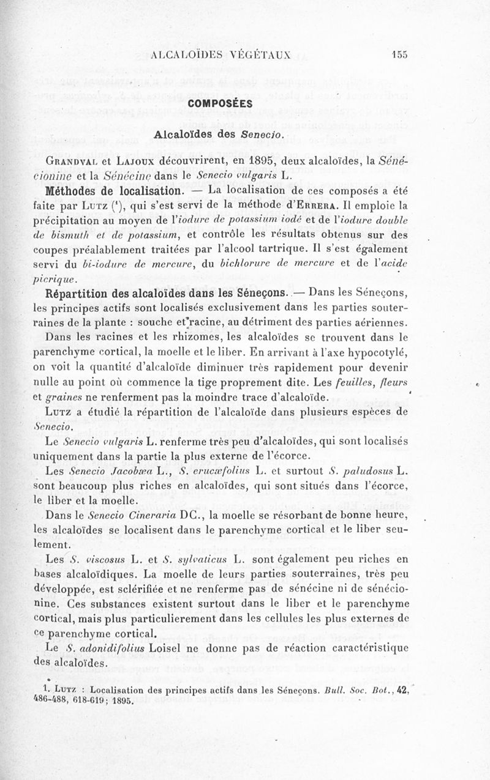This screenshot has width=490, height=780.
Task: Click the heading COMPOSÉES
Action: (x=221, y=103)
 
